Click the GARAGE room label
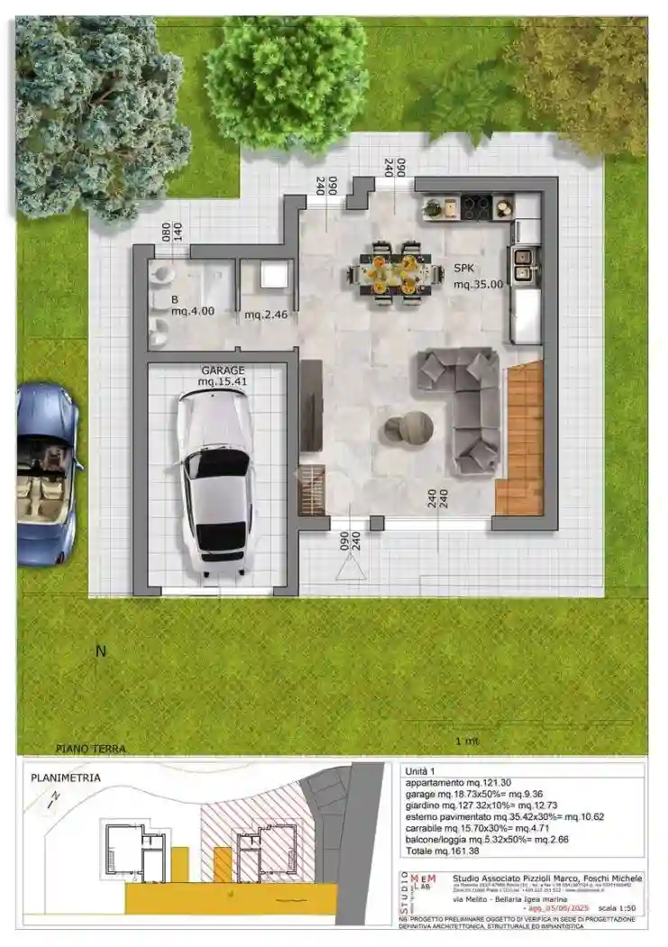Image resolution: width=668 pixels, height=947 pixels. pos(223,371)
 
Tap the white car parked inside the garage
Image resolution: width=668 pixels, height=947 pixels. pos(215,482)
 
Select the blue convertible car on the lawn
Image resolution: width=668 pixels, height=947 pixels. pos(45,473)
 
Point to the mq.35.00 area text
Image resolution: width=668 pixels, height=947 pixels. pos(478,284)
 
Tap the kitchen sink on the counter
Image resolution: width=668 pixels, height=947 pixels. pos(522,262)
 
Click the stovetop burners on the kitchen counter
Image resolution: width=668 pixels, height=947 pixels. pos(477,207)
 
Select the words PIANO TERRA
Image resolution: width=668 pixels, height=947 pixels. pos(90,749)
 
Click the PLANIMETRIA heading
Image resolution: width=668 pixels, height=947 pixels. pos(66,777)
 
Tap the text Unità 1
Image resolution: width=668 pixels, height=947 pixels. pos(421,771)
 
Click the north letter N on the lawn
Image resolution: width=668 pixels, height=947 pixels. pos(101,651)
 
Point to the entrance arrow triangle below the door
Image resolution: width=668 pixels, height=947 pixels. pos(348,566)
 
